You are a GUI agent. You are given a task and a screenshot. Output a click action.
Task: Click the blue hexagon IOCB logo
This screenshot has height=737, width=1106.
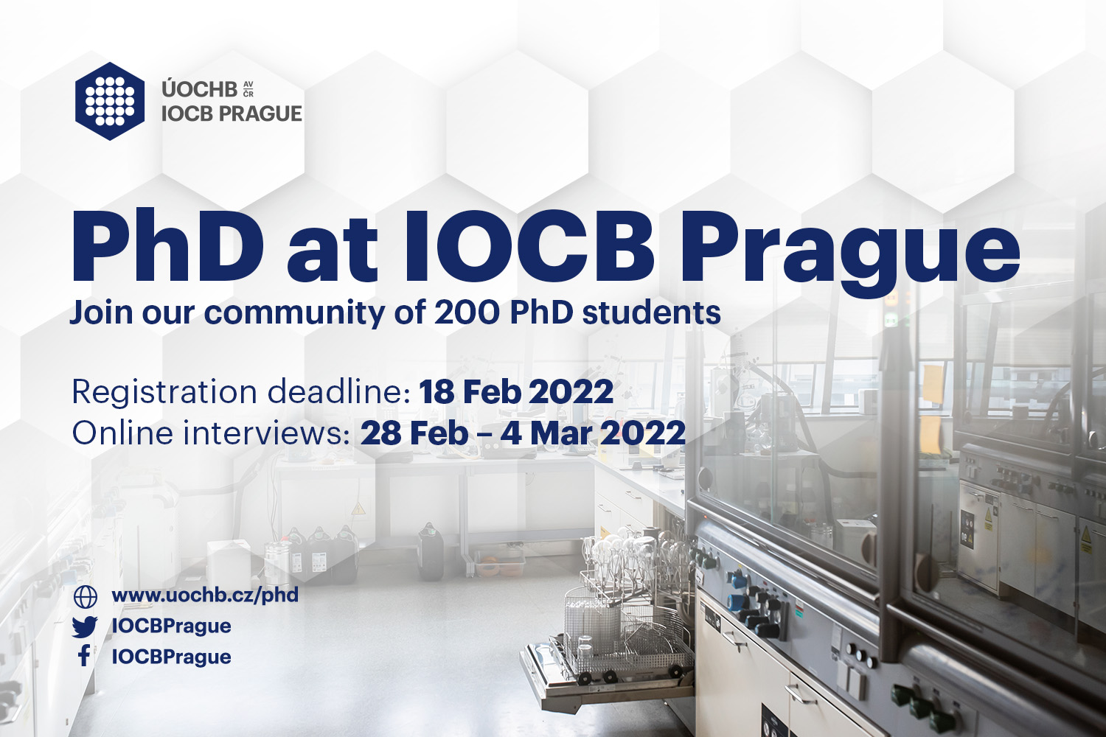[110, 101]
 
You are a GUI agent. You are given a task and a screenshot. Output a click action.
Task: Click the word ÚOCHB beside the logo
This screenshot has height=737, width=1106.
[200, 90]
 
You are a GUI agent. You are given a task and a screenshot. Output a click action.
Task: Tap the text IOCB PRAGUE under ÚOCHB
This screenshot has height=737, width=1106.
[232, 114]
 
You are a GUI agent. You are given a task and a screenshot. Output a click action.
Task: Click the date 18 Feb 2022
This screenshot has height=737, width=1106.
[516, 392]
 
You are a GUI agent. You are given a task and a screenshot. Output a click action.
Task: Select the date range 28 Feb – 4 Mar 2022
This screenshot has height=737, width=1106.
[523, 433]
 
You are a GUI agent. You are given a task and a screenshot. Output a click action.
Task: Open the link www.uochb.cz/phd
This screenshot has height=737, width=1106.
[206, 595]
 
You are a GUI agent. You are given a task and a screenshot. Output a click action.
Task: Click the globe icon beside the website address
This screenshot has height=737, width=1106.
[85, 597]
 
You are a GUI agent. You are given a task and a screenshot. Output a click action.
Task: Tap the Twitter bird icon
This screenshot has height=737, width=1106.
[85, 627]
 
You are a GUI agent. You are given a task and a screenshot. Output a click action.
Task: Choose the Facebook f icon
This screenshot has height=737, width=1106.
[85, 657]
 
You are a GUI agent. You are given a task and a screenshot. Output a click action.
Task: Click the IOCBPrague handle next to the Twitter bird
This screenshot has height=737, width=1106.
[171, 626]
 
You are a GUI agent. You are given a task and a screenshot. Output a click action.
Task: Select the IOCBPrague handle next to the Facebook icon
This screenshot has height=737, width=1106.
[171, 657]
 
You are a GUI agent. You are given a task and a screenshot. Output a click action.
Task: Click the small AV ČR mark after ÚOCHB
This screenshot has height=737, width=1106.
[248, 89]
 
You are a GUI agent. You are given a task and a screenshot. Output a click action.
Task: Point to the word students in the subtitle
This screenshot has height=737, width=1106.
[651, 313]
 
